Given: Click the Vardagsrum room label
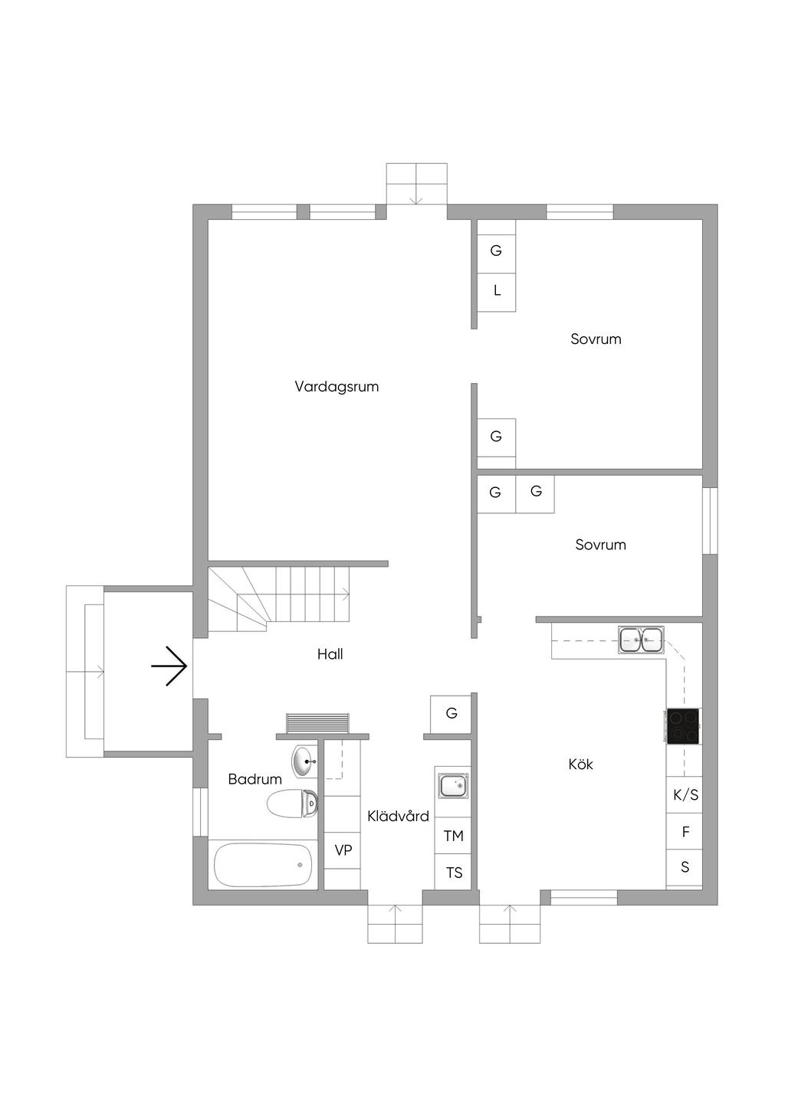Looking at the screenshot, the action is click(337, 387).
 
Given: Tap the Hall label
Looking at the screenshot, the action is click(330, 654).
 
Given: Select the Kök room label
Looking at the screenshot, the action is click(580, 764).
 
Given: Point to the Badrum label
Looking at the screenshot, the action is click(255, 779).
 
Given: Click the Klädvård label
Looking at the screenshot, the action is click(398, 816).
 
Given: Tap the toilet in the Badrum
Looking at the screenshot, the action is click(293, 803).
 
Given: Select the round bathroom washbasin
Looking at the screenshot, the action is click(304, 761).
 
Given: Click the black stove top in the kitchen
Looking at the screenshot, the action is click(683, 726).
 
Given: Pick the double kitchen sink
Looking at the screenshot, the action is click(641, 639).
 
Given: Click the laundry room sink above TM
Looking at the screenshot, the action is click(453, 785).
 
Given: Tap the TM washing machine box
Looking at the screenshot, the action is click(453, 836).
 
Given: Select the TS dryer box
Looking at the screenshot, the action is click(453, 872).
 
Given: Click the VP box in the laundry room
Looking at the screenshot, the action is click(343, 850).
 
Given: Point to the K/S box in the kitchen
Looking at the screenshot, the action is click(685, 795).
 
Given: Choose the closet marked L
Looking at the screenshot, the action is click(497, 291).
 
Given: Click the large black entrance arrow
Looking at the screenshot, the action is click(169, 666).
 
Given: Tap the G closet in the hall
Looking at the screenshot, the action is click(451, 714).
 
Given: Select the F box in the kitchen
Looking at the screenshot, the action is click(685, 831).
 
